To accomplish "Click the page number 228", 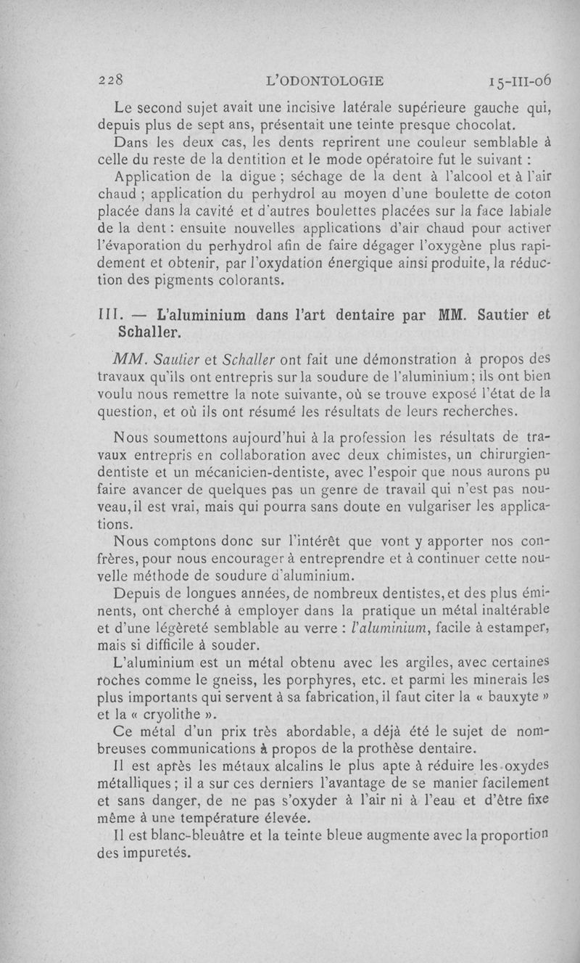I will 115,80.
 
